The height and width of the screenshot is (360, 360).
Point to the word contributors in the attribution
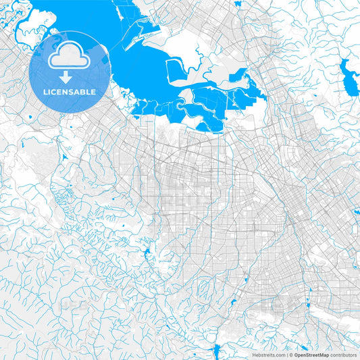[x=343, y=354]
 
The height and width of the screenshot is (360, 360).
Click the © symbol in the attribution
[x=291, y=354]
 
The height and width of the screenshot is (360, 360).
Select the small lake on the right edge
[x=356, y=211]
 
